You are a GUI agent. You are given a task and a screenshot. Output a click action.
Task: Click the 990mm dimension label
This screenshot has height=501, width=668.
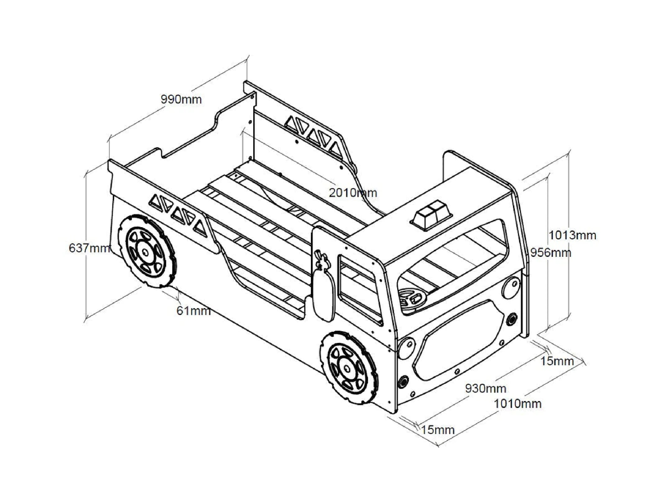pos(181,99)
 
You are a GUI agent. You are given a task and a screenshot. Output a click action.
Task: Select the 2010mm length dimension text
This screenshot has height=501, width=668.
pos(353,193)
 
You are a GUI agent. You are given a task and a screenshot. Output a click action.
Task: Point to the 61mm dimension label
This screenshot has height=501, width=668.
pos(193,310)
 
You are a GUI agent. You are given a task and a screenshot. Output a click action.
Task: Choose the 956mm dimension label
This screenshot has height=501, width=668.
pos(551,252)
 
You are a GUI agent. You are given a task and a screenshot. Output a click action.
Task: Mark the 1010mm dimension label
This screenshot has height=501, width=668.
pos(517,404)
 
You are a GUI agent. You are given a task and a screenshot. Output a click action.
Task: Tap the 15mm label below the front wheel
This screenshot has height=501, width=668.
pos(438,430)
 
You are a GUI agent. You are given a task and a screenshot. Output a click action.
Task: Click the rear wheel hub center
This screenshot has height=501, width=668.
pos(145,252)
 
